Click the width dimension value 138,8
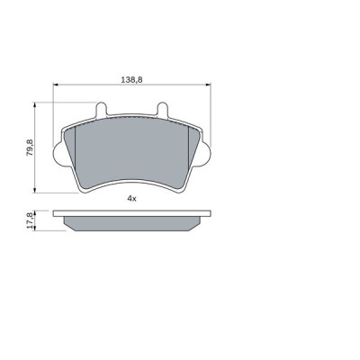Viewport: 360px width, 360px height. pyautogui.click(x=130, y=80)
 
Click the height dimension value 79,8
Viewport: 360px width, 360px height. pyautogui.click(x=30, y=146)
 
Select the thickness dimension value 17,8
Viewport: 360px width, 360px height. pyautogui.click(x=30, y=220)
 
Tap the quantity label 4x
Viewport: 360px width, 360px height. pyautogui.click(x=130, y=197)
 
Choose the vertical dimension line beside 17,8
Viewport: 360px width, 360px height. pyautogui.click(x=37, y=221)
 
